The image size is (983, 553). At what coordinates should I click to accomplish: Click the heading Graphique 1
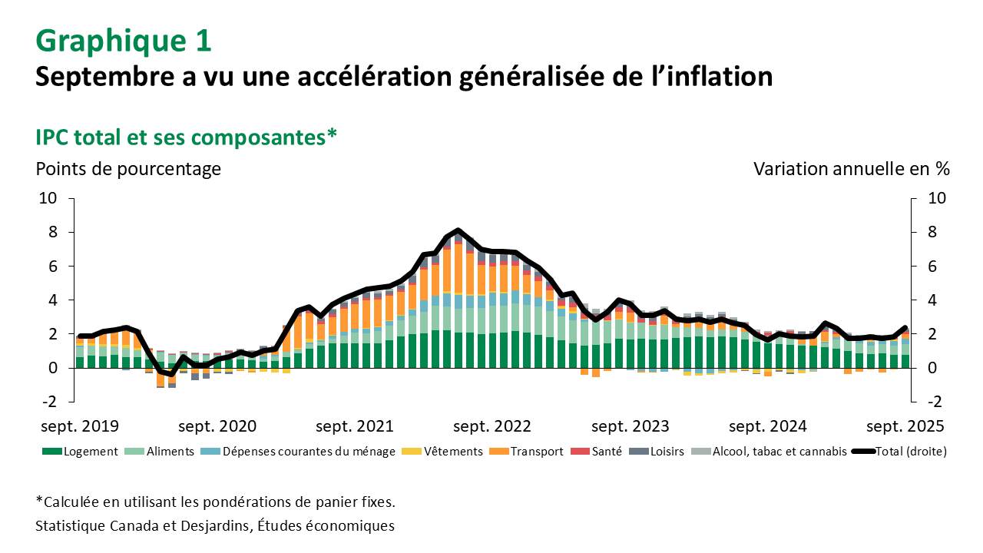pos(124,41)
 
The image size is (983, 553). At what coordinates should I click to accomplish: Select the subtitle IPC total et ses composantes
pos(187,137)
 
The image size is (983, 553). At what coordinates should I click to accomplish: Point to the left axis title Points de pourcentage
pos(128,168)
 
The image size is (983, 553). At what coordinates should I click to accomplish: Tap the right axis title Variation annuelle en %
pos(852,168)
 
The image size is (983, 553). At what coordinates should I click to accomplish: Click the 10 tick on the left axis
pos(49,198)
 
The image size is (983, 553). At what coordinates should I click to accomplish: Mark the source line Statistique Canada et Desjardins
pos(215,526)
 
